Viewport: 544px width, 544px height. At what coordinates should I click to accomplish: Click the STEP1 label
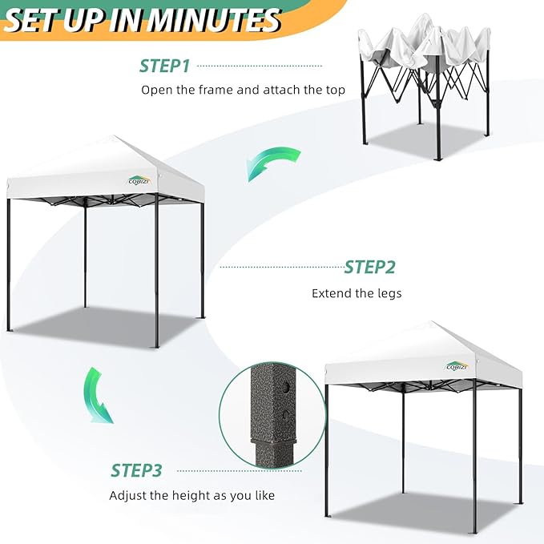(164, 65)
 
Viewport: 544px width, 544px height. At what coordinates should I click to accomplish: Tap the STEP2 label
(369, 267)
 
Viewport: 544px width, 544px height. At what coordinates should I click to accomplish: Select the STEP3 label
(136, 470)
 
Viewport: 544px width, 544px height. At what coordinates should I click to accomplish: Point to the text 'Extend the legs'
(357, 293)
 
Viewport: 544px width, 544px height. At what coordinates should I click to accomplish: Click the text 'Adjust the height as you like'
(191, 495)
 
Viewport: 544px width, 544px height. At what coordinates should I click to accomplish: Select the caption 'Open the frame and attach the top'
(243, 90)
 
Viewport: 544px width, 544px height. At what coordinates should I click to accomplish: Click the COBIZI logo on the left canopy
(139, 179)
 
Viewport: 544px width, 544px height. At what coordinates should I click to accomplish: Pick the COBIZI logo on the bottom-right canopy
(457, 366)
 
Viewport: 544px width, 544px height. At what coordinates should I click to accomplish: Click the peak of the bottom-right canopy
(433, 323)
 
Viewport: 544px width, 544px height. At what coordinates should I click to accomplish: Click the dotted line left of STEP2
(280, 267)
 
